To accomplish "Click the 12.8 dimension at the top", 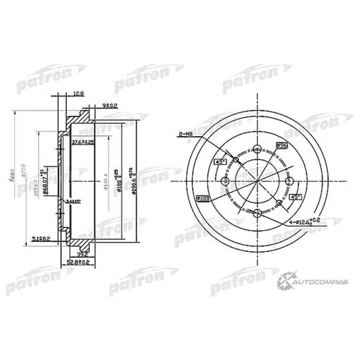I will pyautogui.click(x=78, y=93).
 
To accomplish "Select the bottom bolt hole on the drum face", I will pyautogui.click(x=257, y=213).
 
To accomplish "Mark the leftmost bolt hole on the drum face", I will pyautogui.click(x=225, y=181).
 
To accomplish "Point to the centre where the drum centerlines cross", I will pyautogui.click(x=257, y=181).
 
